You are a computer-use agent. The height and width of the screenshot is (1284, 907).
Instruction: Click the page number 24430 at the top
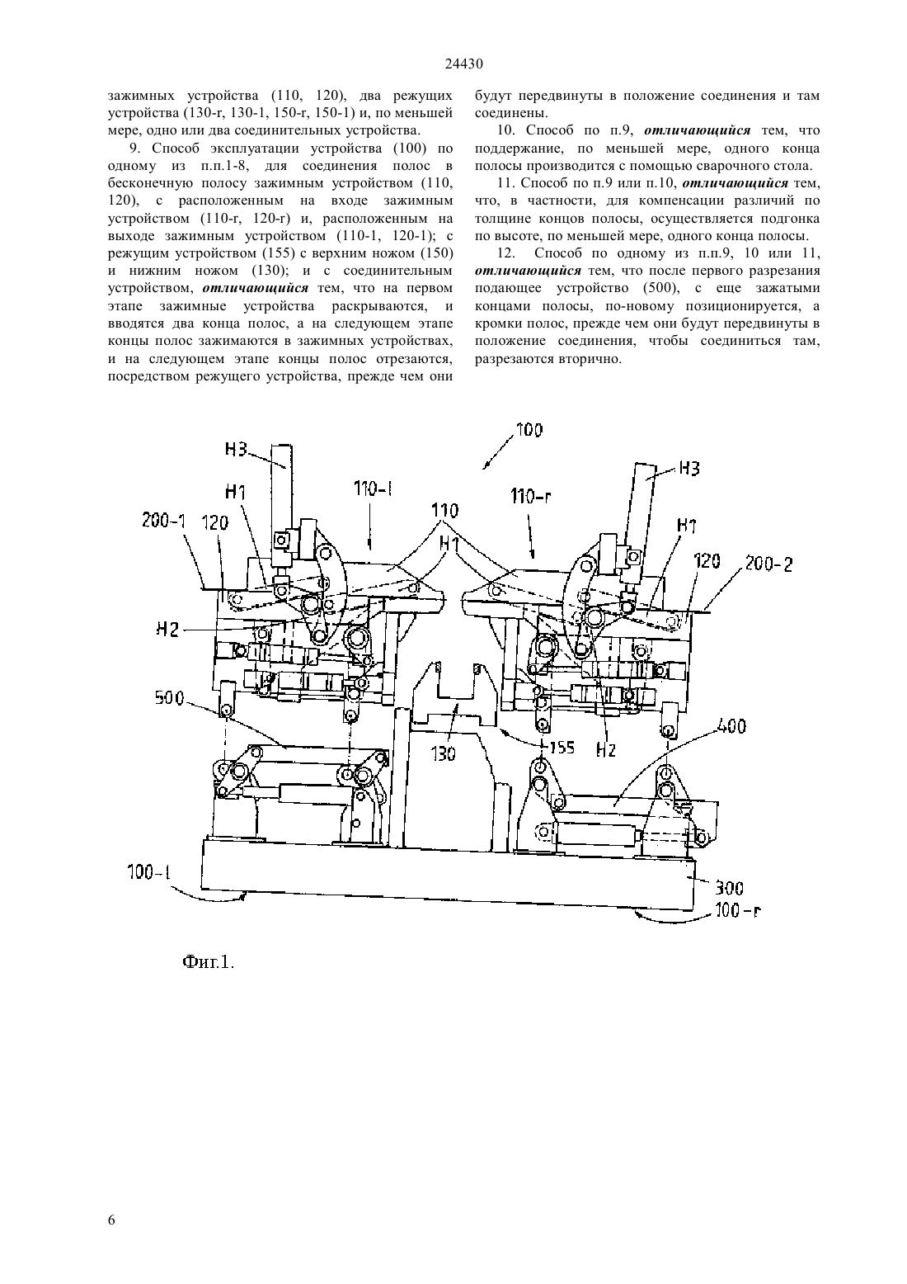(x=463, y=64)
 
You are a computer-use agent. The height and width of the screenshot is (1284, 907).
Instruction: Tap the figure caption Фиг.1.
(x=209, y=961)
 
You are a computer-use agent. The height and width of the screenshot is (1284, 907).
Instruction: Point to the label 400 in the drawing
(x=731, y=727)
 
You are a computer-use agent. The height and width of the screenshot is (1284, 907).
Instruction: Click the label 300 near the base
(x=729, y=889)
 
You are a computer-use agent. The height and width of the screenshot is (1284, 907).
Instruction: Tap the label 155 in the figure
(x=562, y=748)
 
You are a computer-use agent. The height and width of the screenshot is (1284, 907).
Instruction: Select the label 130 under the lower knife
(x=444, y=753)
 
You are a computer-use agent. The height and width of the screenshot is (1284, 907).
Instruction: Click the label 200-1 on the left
(x=164, y=521)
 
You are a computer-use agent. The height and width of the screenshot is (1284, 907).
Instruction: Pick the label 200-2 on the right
(x=770, y=564)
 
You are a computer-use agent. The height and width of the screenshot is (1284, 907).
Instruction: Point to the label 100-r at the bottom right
(x=739, y=911)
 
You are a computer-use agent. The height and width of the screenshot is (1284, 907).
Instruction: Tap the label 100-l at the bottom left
(x=149, y=872)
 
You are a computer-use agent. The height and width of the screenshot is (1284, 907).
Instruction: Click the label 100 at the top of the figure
(x=529, y=430)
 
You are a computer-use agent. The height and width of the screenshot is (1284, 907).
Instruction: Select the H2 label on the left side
(x=167, y=630)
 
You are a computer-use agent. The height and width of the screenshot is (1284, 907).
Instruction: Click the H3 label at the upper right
(x=689, y=470)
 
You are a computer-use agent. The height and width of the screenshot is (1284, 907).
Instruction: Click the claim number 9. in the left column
(x=135, y=148)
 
